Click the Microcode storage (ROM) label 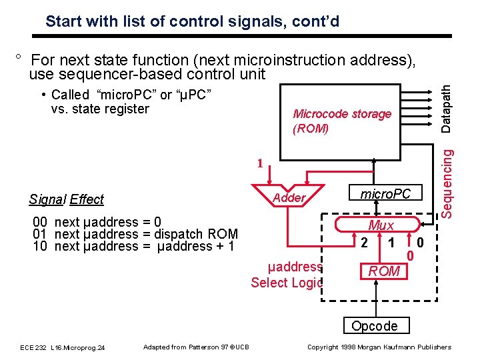tap(341, 121)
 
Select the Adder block tap(289, 197)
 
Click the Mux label tap(381, 225)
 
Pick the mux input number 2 tap(363, 242)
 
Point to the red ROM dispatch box tap(384, 271)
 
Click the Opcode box tap(374, 326)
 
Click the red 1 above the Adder tap(261, 163)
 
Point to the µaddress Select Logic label tap(287, 275)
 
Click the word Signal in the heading tap(47, 199)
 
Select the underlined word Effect tap(87, 199)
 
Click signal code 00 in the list tap(39, 222)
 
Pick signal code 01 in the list tap(39, 234)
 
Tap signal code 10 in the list tap(39, 246)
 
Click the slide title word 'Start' tap(63, 21)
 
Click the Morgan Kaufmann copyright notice tap(379, 347)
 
